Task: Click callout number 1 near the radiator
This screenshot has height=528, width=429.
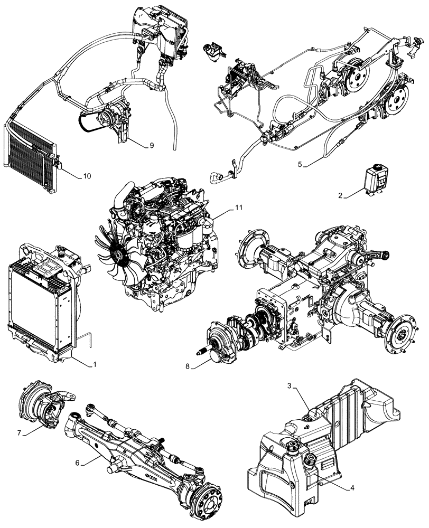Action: click(95, 364)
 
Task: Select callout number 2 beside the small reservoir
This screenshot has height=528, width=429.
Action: click(341, 195)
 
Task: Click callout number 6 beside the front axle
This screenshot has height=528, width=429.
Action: click(78, 463)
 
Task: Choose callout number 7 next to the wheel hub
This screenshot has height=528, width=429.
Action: click(20, 433)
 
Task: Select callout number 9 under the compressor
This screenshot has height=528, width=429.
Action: click(151, 145)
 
